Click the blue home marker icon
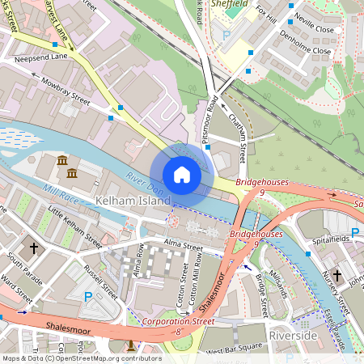(182, 175)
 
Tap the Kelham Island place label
(125, 199)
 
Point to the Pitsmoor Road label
(212, 119)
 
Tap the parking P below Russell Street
(88, 297)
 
